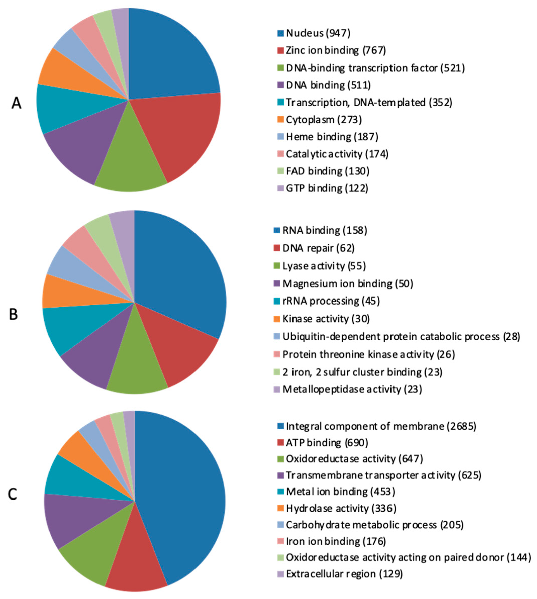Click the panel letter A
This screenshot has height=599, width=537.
click(16, 104)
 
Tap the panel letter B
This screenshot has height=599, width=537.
click(13, 314)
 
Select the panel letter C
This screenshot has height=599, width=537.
click(12, 494)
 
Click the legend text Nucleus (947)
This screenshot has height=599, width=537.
click(318, 33)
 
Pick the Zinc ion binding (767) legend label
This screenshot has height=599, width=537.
click(336, 51)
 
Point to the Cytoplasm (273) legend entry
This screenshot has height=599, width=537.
click(324, 120)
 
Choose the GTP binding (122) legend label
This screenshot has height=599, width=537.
click(327, 188)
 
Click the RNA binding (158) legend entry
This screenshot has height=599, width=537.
click(325, 230)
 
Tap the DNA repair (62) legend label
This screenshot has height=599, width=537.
click(318, 248)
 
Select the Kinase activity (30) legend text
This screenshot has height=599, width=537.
click(326, 319)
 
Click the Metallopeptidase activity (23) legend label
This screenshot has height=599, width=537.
click(352, 389)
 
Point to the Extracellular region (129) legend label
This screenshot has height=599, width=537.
click(344, 574)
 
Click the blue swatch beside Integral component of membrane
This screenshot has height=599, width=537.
click(281, 426)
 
